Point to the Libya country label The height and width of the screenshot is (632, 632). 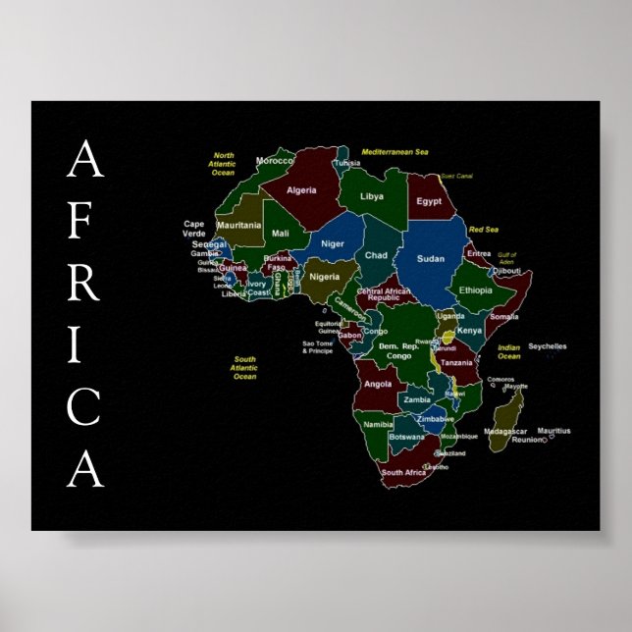pyautogui.click(x=372, y=196)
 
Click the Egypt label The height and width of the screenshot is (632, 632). pyautogui.click(x=429, y=201)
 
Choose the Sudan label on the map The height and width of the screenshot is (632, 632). pyautogui.click(x=430, y=258)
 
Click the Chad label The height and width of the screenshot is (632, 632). pyautogui.click(x=376, y=255)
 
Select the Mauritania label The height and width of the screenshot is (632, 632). pyautogui.click(x=238, y=225)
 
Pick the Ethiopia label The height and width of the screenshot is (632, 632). pyautogui.click(x=476, y=290)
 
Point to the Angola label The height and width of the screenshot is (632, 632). pyautogui.click(x=378, y=385)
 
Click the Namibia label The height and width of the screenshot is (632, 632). pyautogui.click(x=378, y=425)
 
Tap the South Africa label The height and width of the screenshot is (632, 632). pyautogui.click(x=403, y=473)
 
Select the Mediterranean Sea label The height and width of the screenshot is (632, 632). pyautogui.click(x=395, y=152)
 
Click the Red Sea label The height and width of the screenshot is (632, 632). pyautogui.click(x=484, y=230)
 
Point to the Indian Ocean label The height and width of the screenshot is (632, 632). pyautogui.click(x=508, y=351)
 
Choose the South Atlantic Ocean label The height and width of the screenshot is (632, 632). pyautogui.click(x=244, y=368)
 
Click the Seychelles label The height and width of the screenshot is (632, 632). pyautogui.click(x=547, y=346)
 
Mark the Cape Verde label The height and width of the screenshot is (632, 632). pyautogui.click(x=194, y=229)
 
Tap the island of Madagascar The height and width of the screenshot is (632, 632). pyautogui.click(x=506, y=417)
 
